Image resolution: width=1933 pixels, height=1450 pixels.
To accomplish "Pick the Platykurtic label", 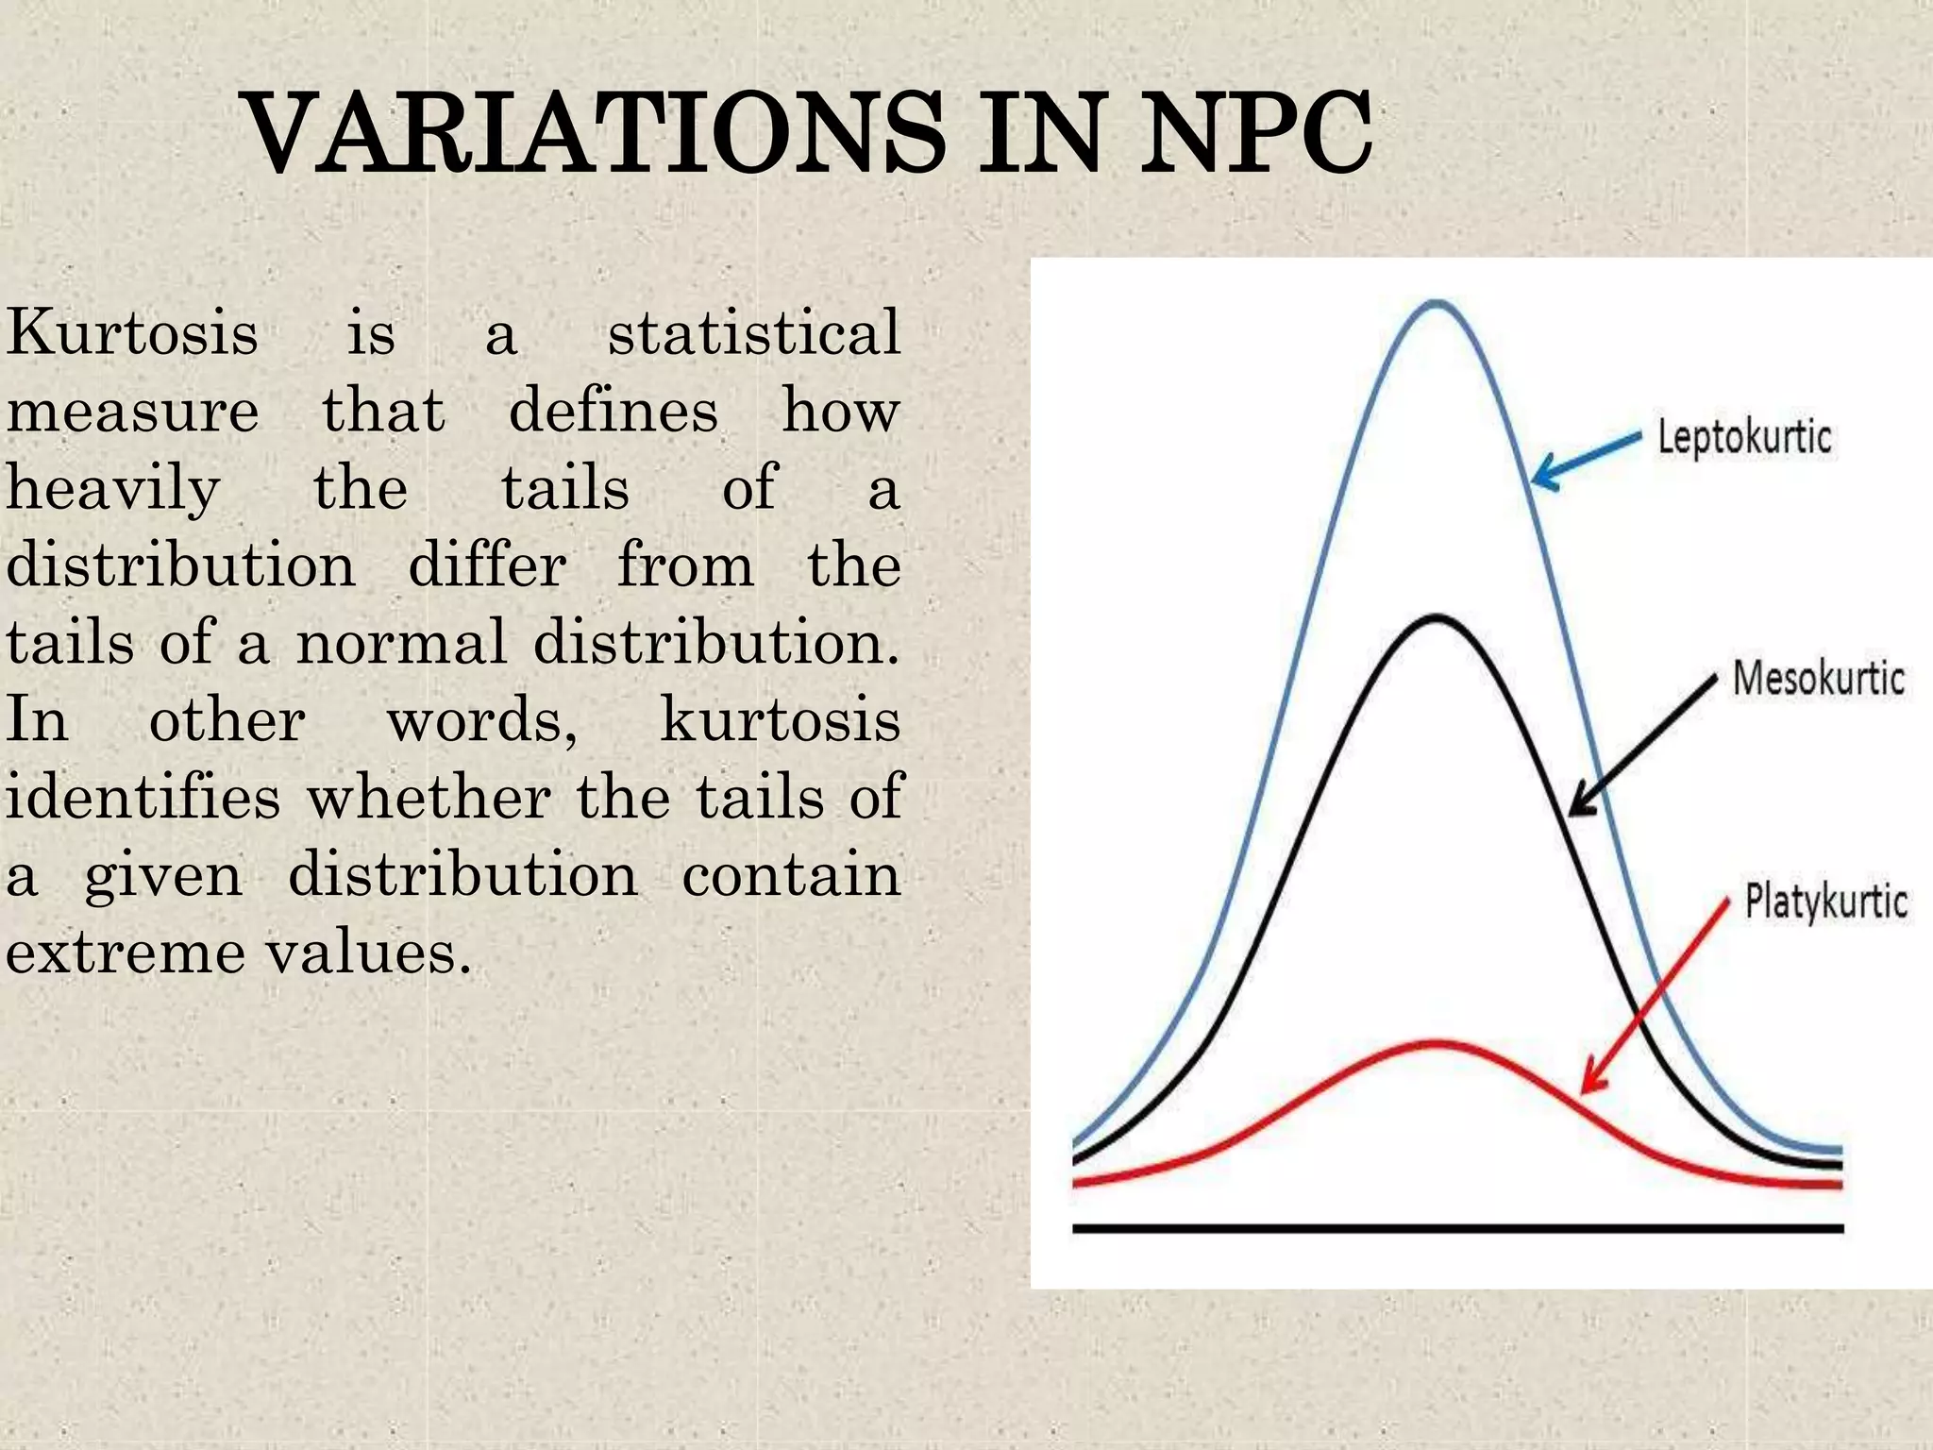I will tap(1825, 902).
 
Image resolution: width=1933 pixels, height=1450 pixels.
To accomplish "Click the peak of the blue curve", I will tap(1437, 303).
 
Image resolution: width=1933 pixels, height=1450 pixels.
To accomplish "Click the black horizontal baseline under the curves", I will tap(1457, 1228).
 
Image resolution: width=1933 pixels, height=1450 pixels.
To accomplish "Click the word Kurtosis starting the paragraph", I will tap(131, 333).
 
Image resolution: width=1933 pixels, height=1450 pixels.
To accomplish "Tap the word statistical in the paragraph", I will tap(753, 333).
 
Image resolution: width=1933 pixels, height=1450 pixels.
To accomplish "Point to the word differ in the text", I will tap(487, 566).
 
